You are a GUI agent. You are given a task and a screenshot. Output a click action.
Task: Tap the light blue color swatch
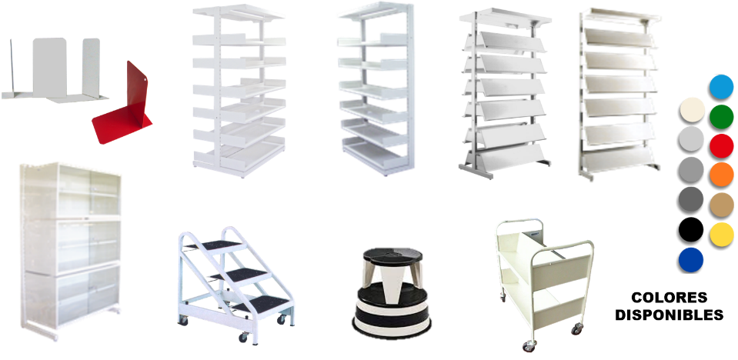(721, 87)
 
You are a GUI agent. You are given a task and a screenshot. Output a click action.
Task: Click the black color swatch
(691, 230)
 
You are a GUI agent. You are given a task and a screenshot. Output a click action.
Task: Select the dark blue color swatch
(691, 260)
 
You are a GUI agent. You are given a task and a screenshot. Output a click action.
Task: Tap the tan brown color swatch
(722, 205)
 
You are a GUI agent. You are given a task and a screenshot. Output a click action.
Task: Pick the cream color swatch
(692, 110)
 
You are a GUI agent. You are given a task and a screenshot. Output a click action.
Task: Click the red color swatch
(721, 146)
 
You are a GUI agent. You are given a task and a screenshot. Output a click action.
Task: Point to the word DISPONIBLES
(669, 315)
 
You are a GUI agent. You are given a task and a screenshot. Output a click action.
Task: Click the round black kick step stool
(391, 293)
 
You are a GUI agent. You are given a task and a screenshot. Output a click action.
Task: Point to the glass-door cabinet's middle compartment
(71, 245)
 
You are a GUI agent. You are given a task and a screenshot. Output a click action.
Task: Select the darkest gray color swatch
(691, 200)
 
